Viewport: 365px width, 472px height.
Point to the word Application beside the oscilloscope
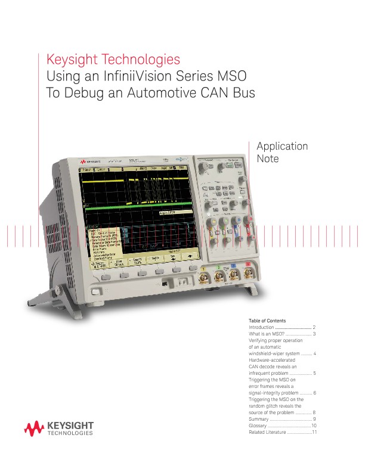pyautogui.click(x=282, y=146)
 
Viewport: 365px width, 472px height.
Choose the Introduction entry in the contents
pyautogui.click(x=261, y=328)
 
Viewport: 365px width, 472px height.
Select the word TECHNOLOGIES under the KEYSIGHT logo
pyautogui.click(x=70, y=434)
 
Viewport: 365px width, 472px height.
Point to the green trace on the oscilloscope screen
pyautogui.click(x=137, y=209)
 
